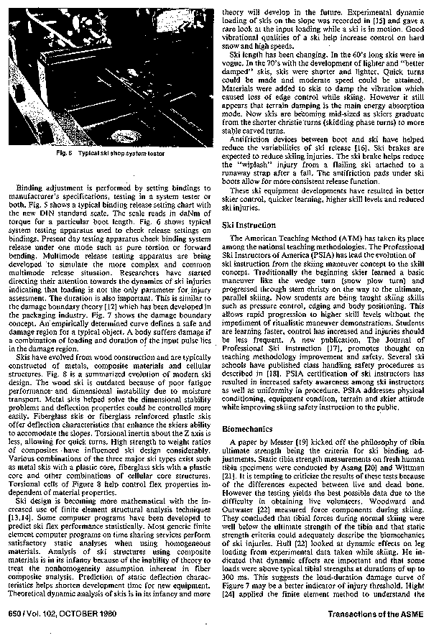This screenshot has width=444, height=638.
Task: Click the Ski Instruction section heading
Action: (x=249, y=225)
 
